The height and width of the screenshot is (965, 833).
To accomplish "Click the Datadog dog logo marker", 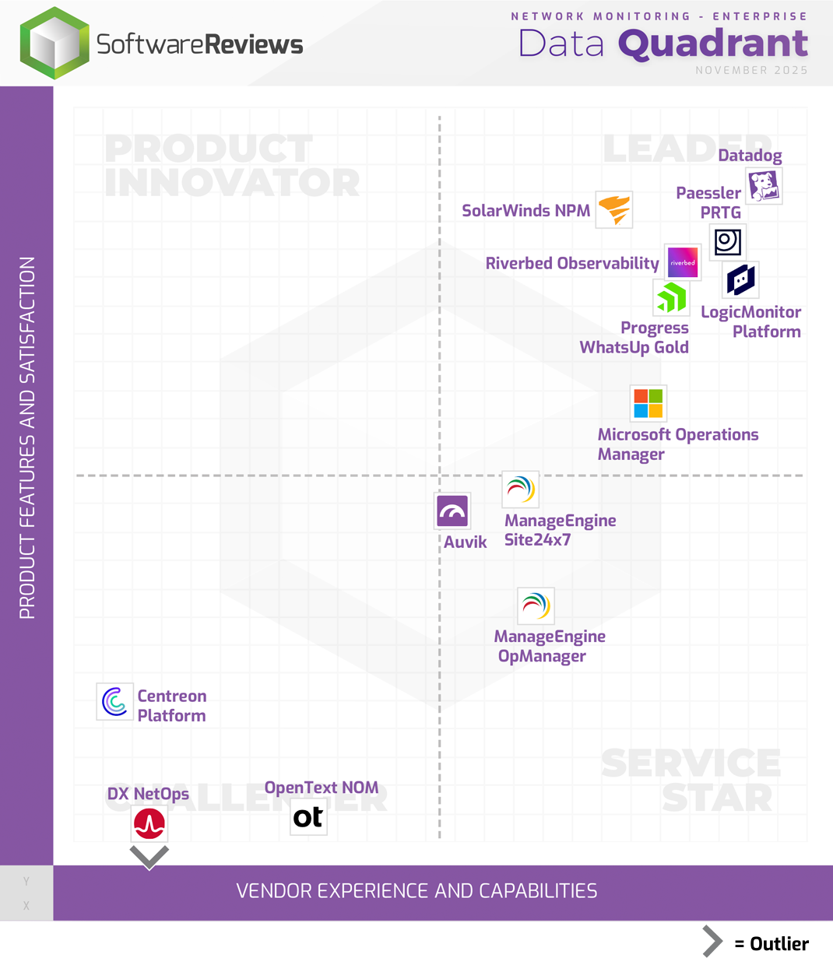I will (x=764, y=186).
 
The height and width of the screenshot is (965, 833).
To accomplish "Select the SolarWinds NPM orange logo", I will (x=614, y=209).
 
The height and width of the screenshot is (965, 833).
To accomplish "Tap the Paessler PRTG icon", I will (x=728, y=242).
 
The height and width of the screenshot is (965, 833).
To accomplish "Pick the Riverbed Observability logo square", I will (x=683, y=262).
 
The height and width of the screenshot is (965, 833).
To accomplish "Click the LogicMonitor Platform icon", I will (x=740, y=280).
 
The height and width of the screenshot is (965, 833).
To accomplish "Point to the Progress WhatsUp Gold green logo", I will (x=671, y=297).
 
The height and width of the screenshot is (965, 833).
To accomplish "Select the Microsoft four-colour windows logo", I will (x=648, y=403).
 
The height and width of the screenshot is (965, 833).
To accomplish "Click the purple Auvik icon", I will (x=452, y=511).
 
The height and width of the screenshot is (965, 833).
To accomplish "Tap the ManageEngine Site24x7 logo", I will (x=520, y=490).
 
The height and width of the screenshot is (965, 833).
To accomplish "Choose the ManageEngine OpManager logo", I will (x=536, y=605).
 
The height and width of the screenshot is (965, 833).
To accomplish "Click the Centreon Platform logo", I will (x=115, y=701).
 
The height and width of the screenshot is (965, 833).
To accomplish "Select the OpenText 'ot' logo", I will (x=308, y=817).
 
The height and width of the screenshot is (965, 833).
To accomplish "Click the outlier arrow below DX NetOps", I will (x=149, y=857).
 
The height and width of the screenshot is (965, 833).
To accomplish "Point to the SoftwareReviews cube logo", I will (x=54, y=44).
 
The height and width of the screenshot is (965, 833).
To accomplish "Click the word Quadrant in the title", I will (x=713, y=44).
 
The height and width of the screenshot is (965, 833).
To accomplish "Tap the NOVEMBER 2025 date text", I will (x=751, y=70).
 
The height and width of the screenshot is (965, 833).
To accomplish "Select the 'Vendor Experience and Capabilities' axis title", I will (x=416, y=891).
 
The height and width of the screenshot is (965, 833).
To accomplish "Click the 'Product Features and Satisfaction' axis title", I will (x=27, y=437).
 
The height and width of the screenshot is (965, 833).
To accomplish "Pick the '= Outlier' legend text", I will (x=771, y=943).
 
